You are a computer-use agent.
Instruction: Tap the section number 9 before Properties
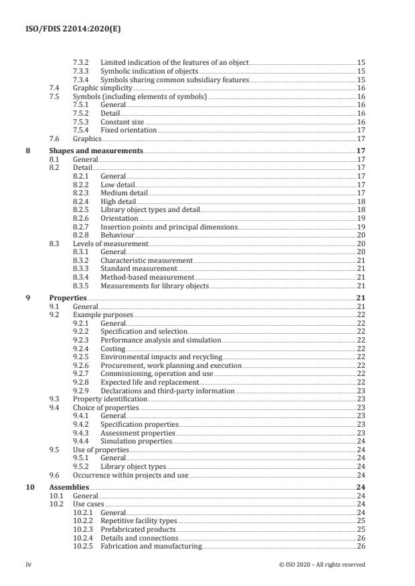pyautogui.click(x=27, y=297)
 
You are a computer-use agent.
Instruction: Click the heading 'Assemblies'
pyautogui.click(x=69, y=487)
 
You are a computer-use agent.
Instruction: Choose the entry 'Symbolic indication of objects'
pyautogui.click(x=149, y=70)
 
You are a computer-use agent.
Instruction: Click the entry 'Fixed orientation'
pyautogui.click(x=129, y=130)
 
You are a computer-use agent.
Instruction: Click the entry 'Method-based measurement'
pyautogui.click(x=147, y=277)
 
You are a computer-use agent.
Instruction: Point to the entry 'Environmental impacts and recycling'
pyautogui.click(x=161, y=357)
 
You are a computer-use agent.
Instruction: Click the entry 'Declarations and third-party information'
pyautogui.click(x=167, y=391)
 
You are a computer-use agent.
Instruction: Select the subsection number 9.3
pyautogui.click(x=56, y=399)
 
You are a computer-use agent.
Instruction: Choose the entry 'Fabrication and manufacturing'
pyautogui.click(x=151, y=546)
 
